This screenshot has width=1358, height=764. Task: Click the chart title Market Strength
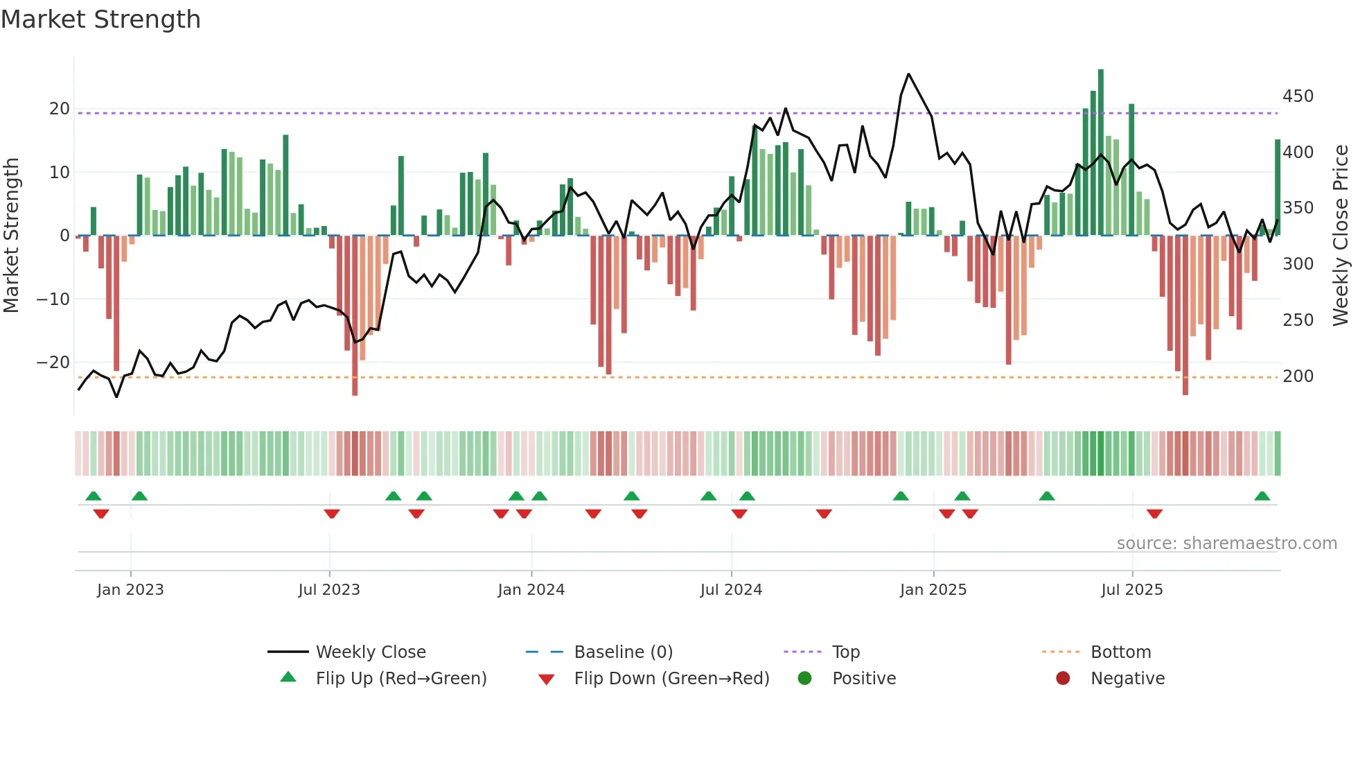tap(100, 19)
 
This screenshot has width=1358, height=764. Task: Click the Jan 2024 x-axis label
tap(531, 590)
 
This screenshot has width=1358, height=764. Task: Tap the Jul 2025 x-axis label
tap(1131, 590)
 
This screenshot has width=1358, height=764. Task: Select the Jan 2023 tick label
tap(130, 590)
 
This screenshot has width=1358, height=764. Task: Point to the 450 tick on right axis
tap(1298, 96)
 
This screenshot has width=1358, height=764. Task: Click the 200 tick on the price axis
tap(1298, 376)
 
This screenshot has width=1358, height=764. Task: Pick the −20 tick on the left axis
tap(53, 363)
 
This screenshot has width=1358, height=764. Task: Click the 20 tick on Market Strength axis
tap(60, 109)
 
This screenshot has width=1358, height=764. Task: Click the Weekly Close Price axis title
tap(1340, 236)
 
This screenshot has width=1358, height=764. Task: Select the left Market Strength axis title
tap(11, 236)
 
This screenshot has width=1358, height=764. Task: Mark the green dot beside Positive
tap(804, 678)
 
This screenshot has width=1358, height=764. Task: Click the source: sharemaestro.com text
tap(1226, 544)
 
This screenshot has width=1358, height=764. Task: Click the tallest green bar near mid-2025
tap(1101, 153)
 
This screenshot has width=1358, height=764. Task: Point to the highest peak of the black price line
tap(908, 74)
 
